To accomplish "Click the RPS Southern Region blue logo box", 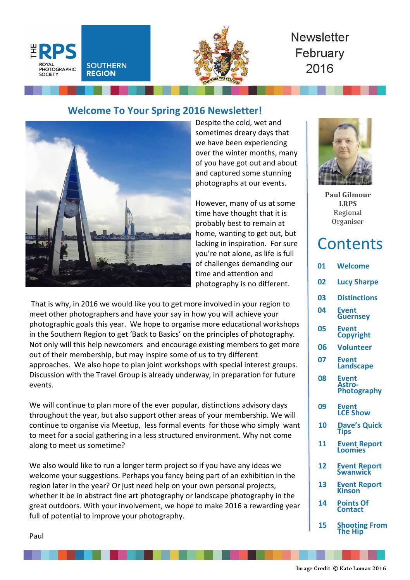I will [x=115, y=53].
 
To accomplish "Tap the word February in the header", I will [x=320, y=53].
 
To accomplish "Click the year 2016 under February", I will [x=320, y=69].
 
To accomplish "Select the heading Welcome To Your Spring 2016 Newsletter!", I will [x=165, y=111].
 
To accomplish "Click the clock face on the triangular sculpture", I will [x=71, y=210].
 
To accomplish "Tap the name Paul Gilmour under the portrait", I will [x=348, y=195].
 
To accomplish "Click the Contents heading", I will [x=350, y=244].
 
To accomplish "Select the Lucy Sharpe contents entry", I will [x=357, y=282].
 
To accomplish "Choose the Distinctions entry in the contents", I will [x=357, y=298].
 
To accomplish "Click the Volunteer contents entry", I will [x=354, y=347].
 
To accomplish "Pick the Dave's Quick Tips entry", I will [x=359, y=428].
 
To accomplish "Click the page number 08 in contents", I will [x=322, y=378].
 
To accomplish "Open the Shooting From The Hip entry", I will [x=362, y=528].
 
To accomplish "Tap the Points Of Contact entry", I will [x=352, y=506].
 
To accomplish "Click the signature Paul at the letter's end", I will [x=36, y=536].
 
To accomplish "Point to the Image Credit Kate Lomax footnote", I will [x=341, y=568].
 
